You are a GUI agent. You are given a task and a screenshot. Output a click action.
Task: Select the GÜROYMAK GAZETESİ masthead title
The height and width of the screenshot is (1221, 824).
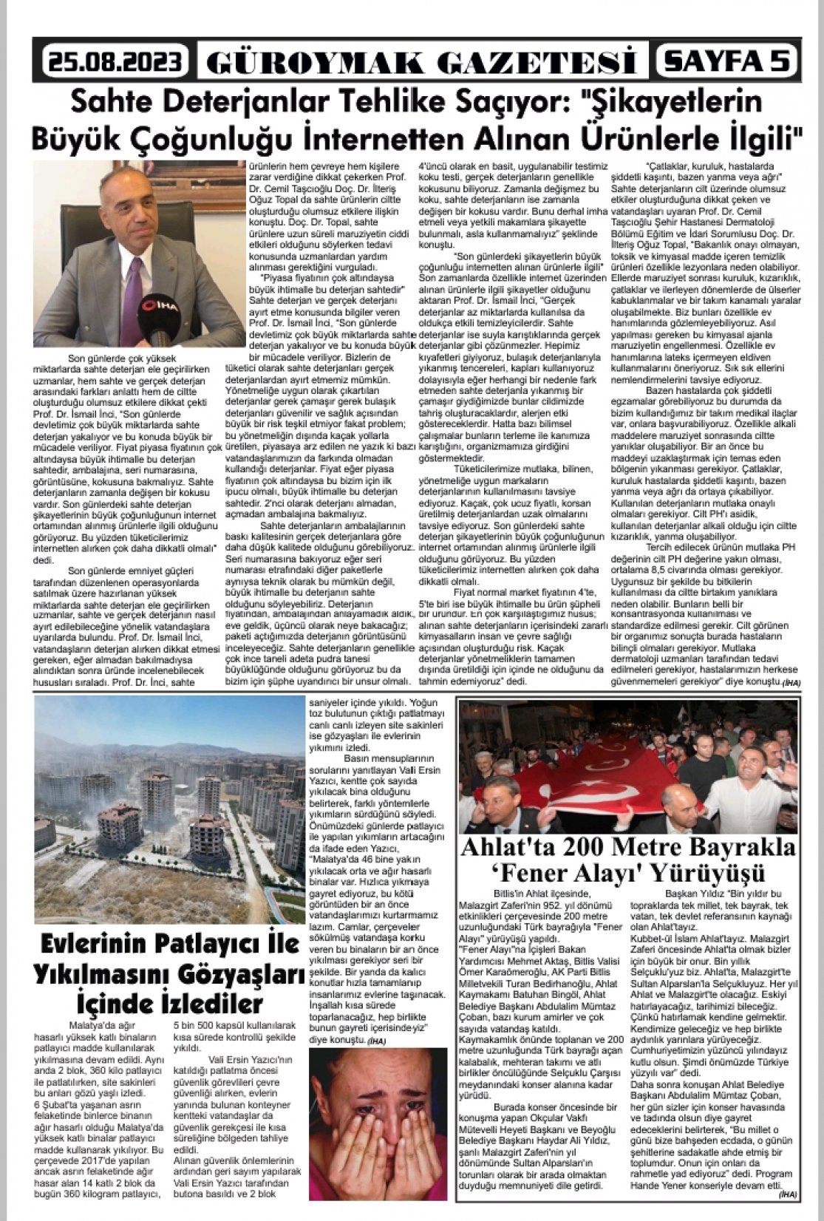tap(420, 62)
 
